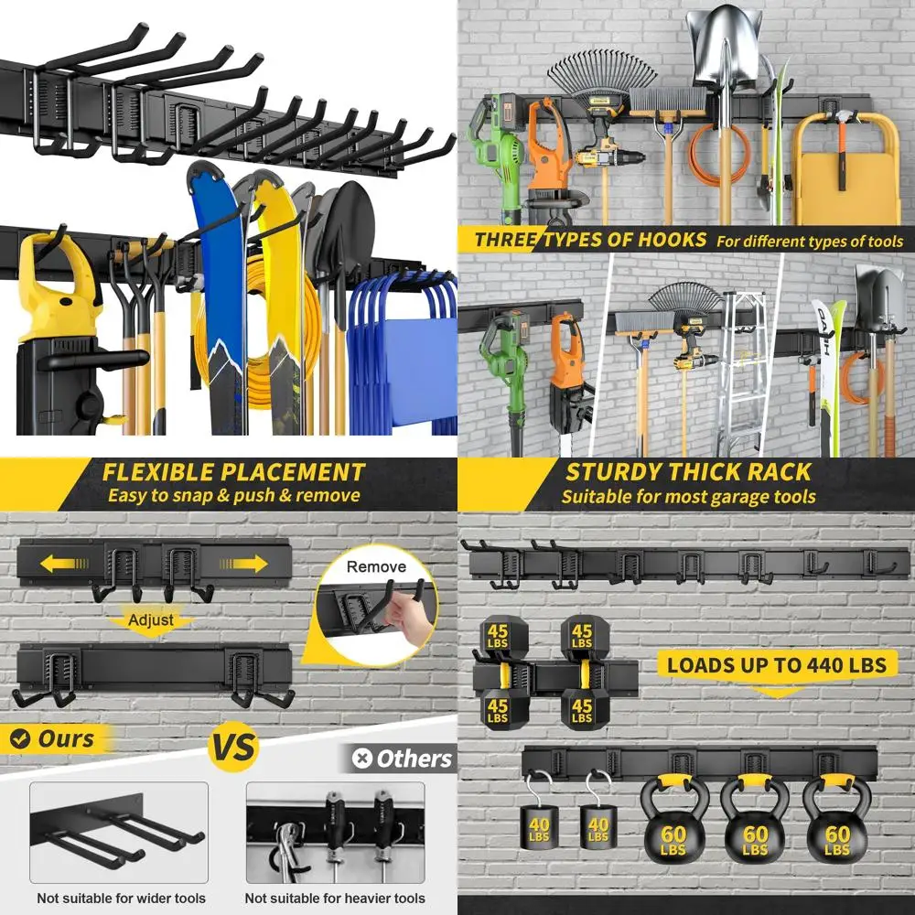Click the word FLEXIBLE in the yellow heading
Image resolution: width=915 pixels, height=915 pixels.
[156, 472]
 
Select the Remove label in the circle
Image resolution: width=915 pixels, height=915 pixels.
[376, 567]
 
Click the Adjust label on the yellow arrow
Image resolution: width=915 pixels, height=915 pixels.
[151, 619]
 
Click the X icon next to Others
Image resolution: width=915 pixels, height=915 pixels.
[363, 759]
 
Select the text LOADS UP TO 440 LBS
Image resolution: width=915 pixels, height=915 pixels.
[776, 664]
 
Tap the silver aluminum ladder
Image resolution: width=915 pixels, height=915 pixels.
[743, 375]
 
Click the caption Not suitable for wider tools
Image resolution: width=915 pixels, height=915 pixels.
[121, 898]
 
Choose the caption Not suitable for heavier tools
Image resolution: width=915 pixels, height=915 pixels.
[335, 898]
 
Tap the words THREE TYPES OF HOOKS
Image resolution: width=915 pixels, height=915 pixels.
[590, 241]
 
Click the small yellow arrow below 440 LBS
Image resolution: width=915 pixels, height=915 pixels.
[777, 693]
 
